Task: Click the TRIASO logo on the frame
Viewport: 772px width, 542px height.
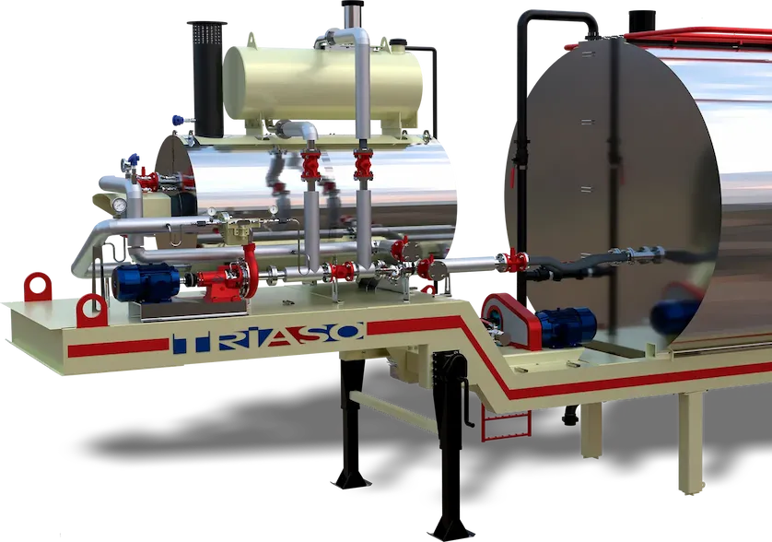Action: coord(268,338)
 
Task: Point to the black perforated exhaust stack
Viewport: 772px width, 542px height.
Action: coord(207,79)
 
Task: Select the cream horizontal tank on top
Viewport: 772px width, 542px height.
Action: coord(323,83)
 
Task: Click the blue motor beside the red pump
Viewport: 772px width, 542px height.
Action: coord(146,282)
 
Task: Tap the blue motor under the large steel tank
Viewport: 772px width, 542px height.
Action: coord(567,326)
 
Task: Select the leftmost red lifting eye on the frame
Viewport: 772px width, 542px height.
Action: coord(38,287)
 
